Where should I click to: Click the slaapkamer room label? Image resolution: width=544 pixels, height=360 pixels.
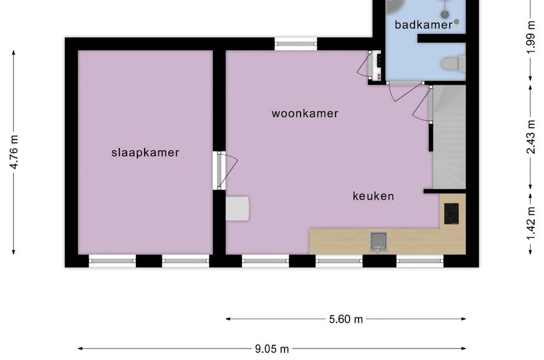point(145,153)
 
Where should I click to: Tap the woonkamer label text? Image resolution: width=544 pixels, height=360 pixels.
point(305,113)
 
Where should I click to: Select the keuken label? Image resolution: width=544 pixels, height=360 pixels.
point(373,196)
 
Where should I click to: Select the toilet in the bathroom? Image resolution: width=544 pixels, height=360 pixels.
point(452,63)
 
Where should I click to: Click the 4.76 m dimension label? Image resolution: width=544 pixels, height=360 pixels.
point(14,152)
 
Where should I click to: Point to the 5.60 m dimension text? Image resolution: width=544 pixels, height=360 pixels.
point(346,319)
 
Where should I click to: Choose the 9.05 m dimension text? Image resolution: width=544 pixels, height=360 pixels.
point(272,349)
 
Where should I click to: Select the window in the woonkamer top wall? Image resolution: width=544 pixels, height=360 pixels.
point(296,44)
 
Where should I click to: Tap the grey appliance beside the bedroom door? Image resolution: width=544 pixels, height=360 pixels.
point(237,209)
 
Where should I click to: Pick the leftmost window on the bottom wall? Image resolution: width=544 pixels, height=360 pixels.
point(112,261)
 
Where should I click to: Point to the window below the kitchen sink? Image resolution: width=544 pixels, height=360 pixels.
point(339,261)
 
